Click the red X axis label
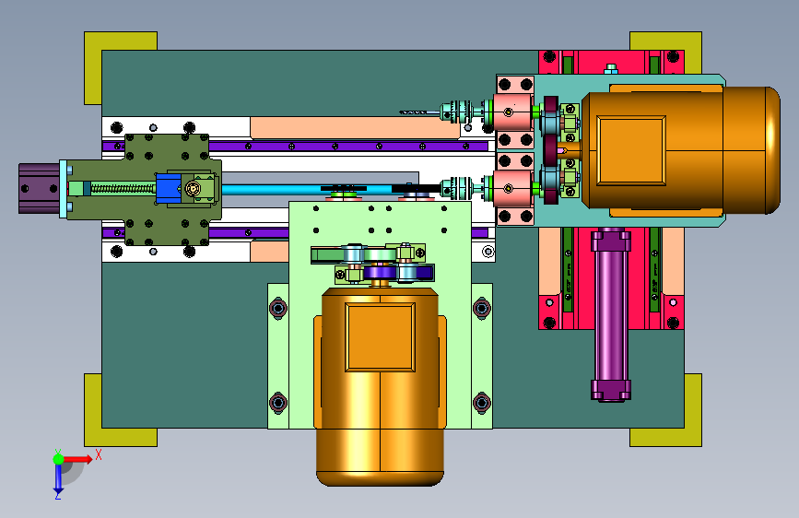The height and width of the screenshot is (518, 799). [99, 454]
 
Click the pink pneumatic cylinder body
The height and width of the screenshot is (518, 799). [611, 316]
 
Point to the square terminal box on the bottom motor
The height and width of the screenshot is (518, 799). [380, 337]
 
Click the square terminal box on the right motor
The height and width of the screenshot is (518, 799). [631, 150]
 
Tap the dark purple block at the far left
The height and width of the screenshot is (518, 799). [40, 188]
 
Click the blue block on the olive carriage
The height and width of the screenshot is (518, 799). [169, 188]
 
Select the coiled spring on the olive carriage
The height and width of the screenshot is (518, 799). [123, 189]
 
